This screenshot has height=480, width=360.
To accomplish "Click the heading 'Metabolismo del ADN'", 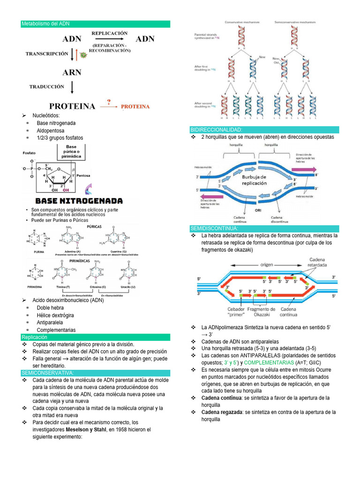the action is [45, 24].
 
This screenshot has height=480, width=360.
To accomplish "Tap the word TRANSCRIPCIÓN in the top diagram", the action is [46, 54].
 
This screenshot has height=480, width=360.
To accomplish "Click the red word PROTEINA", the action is [135, 106].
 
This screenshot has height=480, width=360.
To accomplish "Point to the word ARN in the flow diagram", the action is [72, 73].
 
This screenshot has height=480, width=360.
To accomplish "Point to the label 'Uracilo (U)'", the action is [127, 286].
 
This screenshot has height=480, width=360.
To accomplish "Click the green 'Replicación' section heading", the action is [35, 337].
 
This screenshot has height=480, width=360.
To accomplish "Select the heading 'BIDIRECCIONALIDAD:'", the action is [216, 129].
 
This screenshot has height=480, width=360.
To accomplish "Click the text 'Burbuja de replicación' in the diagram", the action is [254, 180].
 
